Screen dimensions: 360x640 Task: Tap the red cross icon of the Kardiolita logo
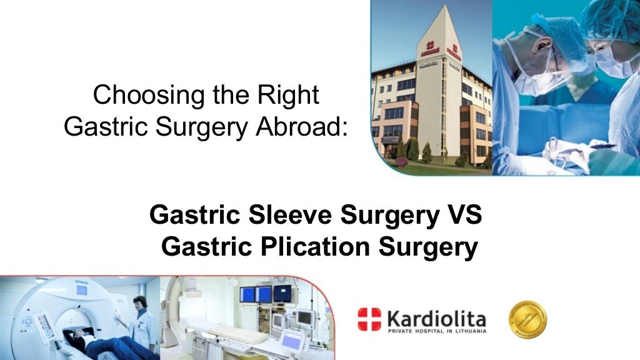click(x=369, y=319)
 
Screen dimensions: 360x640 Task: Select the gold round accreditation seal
click(x=527, y=319)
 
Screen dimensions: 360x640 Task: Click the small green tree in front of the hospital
click(x=427, y=151)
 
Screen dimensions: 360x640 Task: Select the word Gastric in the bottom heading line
click(x=201, y=247)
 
